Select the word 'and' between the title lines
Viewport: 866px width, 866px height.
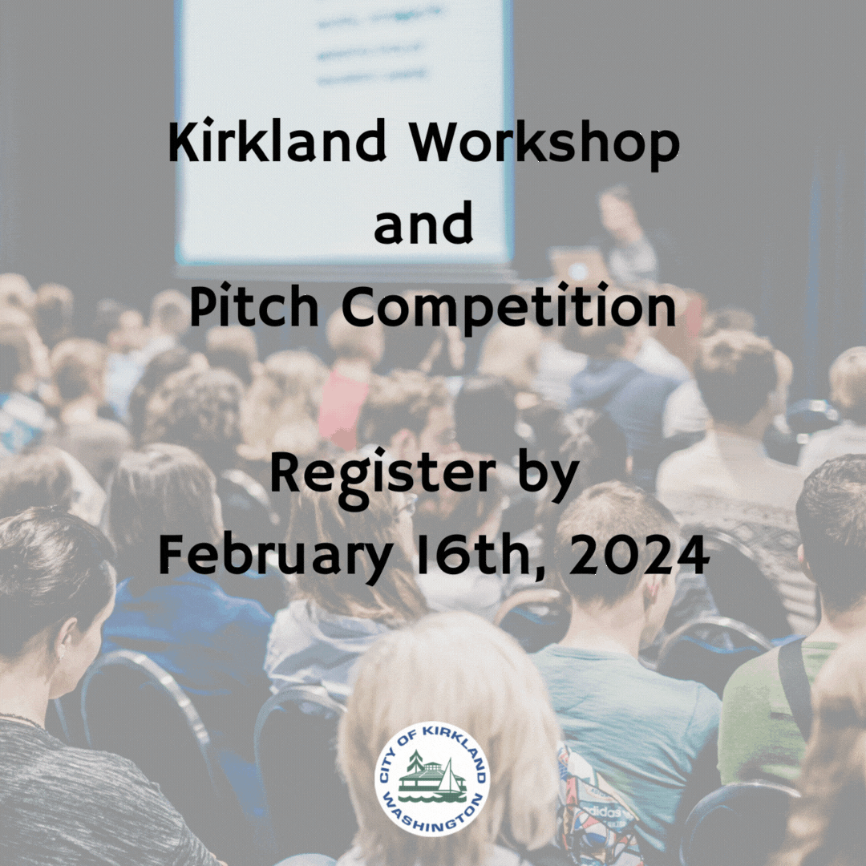click(x=423, y=226)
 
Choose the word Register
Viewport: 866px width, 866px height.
click(x=382, y=475)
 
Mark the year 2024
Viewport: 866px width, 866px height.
click(x=641, y=555)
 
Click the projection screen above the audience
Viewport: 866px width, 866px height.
click(x=345, y=128)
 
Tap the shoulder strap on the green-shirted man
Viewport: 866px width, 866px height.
click(x=794, y=690)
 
